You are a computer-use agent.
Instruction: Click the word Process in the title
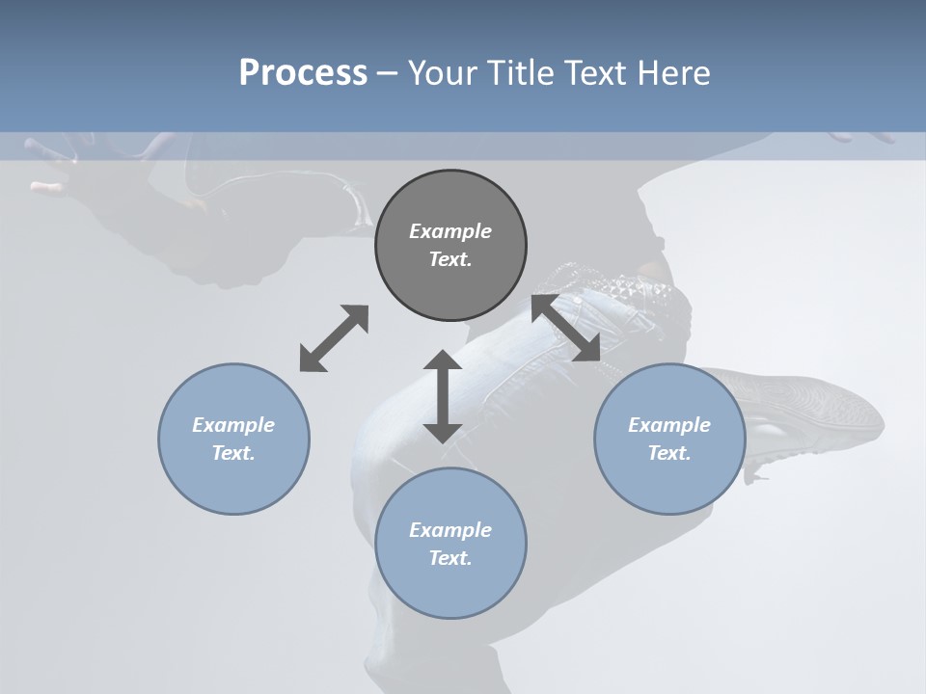tap(303, 73)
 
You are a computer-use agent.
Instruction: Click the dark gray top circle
tap(450, 202)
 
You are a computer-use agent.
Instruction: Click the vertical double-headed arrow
tap(443, 396)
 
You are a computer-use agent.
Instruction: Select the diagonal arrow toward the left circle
tap(334, 338)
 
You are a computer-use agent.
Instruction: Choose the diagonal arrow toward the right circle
tap(566, 329)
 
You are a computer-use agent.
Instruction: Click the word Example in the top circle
tap(450, 231)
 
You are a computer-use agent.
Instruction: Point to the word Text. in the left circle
tap(233, 453)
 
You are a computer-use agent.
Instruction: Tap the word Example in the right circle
tap(669, 425)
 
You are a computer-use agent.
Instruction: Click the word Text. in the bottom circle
tap(450, 558)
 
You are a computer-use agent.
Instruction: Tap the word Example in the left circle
tap(233, 425)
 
